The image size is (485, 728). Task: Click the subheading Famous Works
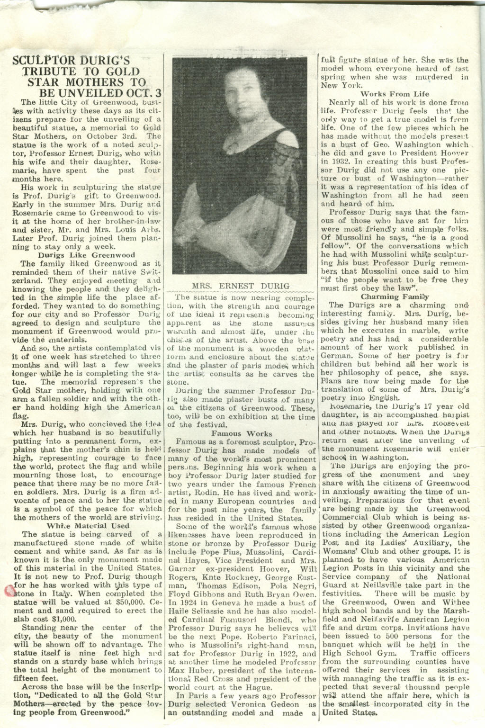242,433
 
